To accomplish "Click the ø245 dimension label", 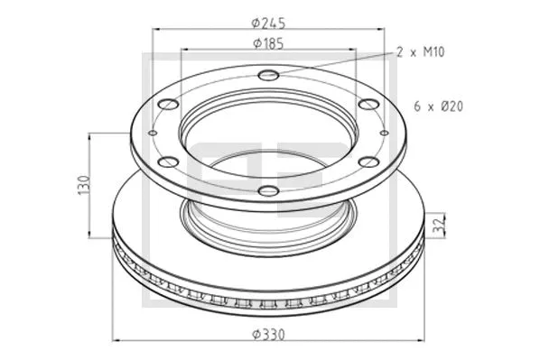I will coord(268,22).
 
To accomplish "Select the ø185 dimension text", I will coord(268,42).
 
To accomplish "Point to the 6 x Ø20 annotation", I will coord(439,106).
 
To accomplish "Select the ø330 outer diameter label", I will coord(268,332).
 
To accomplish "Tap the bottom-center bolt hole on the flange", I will coord(268,190).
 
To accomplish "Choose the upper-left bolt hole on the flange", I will coord(168,104).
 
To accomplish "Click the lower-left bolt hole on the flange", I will coord(168,162).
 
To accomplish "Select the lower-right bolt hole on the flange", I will coord(368,162).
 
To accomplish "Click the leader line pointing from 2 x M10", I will coord(334,64).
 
